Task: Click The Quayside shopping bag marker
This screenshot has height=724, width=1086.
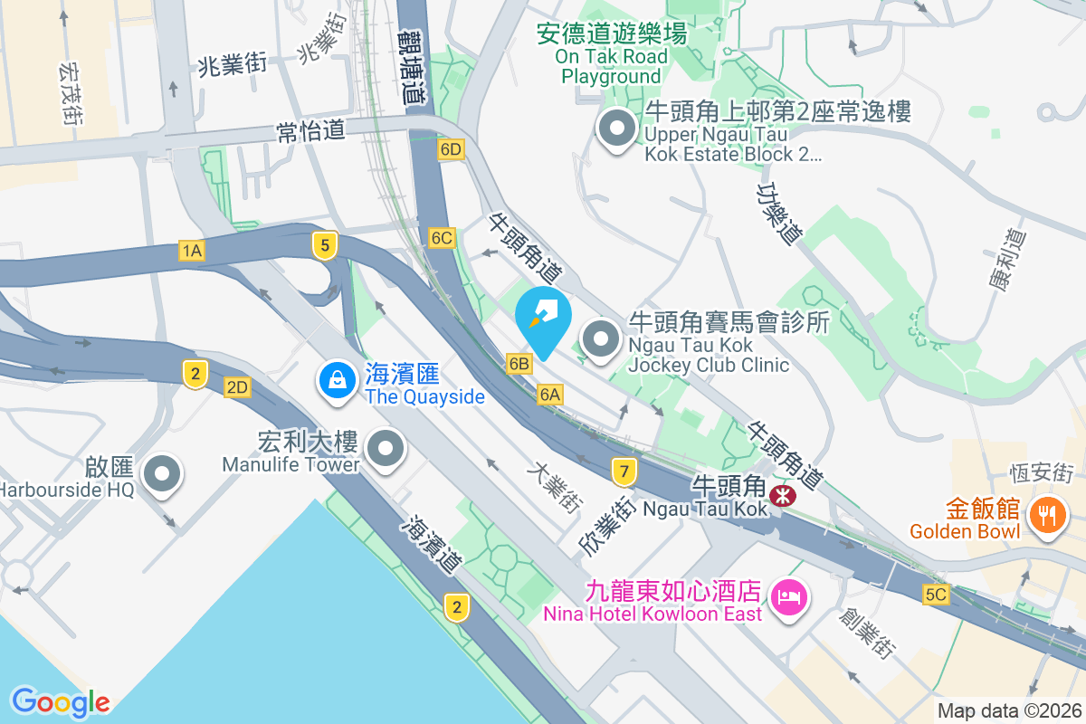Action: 337,379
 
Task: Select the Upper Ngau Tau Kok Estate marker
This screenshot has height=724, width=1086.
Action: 617,129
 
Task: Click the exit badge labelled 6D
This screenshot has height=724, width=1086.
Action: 450,150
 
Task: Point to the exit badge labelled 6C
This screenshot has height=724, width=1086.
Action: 442,238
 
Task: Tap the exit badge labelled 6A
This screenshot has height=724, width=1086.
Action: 550,395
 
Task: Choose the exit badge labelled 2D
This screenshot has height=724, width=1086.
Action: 237,388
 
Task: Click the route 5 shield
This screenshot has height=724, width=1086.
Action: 324,244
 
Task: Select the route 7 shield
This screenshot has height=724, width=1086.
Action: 623,471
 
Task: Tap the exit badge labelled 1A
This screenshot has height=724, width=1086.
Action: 191,251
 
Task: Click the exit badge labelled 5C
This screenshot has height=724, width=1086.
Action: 936,595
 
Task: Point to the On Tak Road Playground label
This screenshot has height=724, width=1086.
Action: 612,56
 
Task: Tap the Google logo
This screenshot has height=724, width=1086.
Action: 61,701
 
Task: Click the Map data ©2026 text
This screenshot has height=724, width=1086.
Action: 1008,710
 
